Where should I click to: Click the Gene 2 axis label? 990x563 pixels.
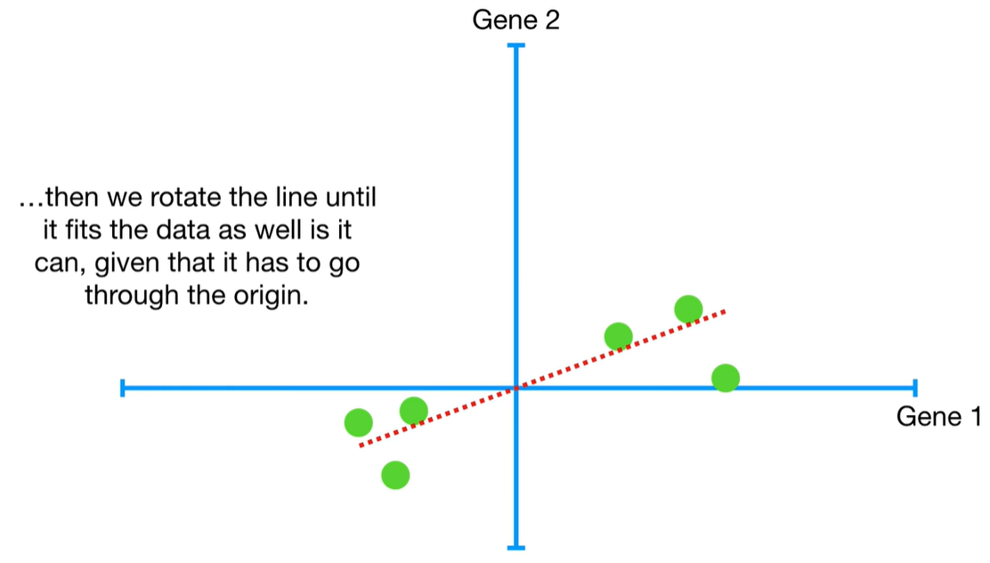515,20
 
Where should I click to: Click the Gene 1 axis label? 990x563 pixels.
938,416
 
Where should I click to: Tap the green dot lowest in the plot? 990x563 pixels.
395,475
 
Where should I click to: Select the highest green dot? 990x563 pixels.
688,309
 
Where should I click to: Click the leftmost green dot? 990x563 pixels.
358,421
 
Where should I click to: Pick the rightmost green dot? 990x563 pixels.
726,378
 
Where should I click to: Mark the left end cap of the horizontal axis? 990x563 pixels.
122,388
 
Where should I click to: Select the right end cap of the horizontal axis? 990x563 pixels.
913,388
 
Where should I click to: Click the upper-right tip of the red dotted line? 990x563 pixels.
725,311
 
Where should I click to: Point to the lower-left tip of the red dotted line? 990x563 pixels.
361,444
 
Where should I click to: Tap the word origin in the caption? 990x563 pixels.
277,296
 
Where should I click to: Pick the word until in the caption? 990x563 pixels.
349,198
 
